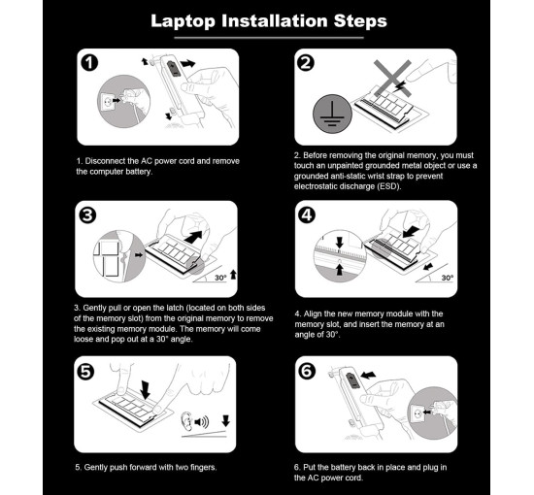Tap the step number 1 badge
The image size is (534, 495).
click(89, 63)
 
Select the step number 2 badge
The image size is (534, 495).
click(306, 63)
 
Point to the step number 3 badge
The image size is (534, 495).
click(87, 215)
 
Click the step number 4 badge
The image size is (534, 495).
click(307, 214)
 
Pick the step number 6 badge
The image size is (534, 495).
click(307, 371)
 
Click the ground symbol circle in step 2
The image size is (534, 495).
click(332, 114)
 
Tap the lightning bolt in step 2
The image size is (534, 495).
click(399, 87)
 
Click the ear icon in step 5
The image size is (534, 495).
click(186, 421)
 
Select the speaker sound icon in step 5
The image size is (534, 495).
click(201, 422)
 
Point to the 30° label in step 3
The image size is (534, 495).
click(220, 278)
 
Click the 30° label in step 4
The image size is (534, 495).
click(448, 278)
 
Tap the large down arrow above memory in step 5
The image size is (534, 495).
click(146, 390)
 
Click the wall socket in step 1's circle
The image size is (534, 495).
click(107, 101)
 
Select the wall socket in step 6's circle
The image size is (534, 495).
click(417, 414)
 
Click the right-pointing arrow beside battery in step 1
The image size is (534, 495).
click(187, 63)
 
